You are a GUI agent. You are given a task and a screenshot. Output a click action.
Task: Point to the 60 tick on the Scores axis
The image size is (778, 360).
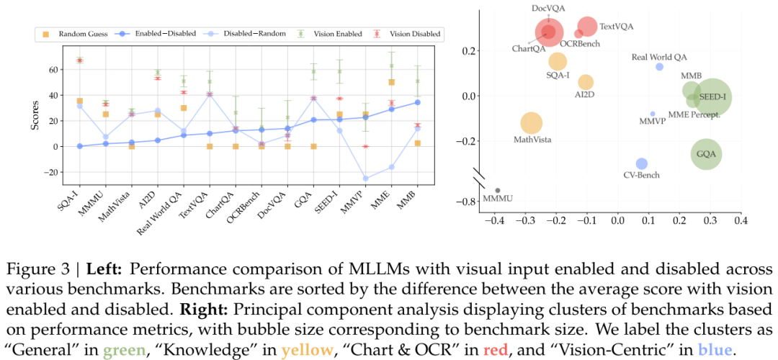45,70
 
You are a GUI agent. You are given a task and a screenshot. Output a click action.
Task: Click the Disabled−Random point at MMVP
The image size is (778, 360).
365,179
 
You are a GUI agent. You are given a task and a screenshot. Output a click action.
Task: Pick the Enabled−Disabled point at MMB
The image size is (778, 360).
418,102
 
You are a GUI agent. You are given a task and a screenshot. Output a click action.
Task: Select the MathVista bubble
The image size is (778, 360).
531,123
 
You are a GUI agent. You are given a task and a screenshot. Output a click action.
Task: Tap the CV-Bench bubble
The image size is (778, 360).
642,163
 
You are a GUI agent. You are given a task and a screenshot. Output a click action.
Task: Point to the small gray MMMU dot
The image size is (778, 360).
497,190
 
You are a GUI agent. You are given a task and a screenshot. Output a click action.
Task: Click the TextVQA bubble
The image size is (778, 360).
587,27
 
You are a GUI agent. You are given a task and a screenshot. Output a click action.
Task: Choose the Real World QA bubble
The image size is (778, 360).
659,67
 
